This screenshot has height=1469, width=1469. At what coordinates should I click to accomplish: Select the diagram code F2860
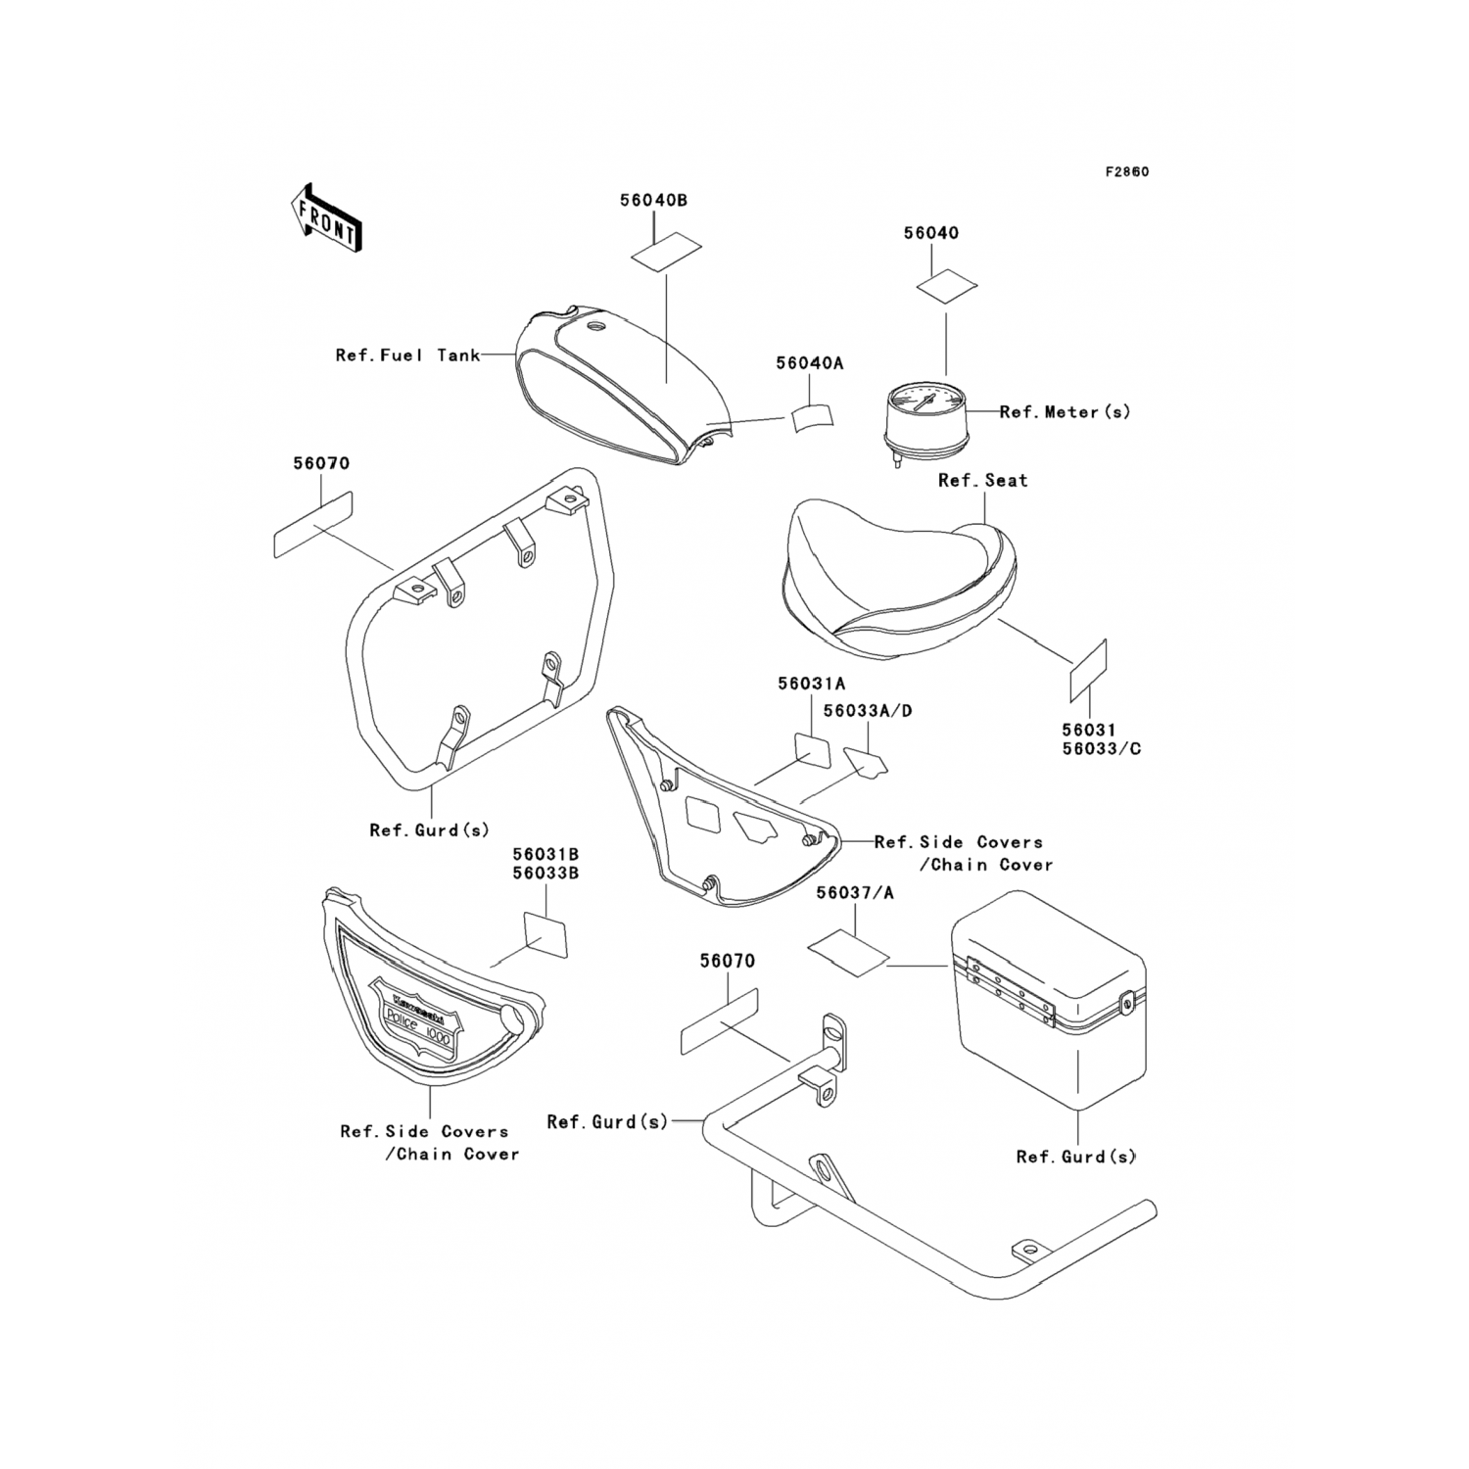click(1126, 172)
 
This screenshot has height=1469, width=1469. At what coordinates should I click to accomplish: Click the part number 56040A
click(809, 363)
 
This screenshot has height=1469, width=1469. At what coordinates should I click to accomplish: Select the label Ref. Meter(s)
click(1065, 412)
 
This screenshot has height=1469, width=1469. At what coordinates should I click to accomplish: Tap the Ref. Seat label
click(982, 481)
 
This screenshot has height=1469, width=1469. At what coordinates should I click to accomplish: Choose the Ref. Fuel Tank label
click(407, 355)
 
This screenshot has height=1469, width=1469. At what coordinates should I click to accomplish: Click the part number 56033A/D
click(867, 711)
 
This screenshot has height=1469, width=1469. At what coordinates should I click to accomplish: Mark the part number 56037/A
click(854, 893)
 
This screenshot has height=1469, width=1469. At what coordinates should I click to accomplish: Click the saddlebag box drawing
click(1048, 999)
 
